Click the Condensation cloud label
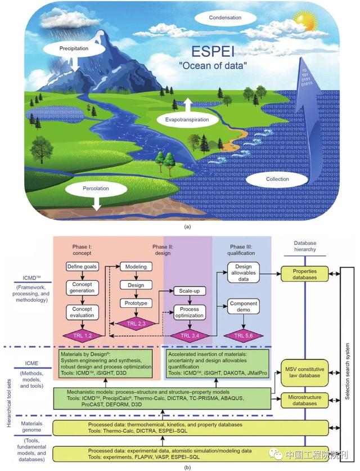tap(225, 18)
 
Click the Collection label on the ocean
tap(277, 179)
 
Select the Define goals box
tap(83, 266)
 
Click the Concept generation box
tap(83, 288)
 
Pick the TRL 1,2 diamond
tap(83, 336)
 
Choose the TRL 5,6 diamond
tap(244, 336)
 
